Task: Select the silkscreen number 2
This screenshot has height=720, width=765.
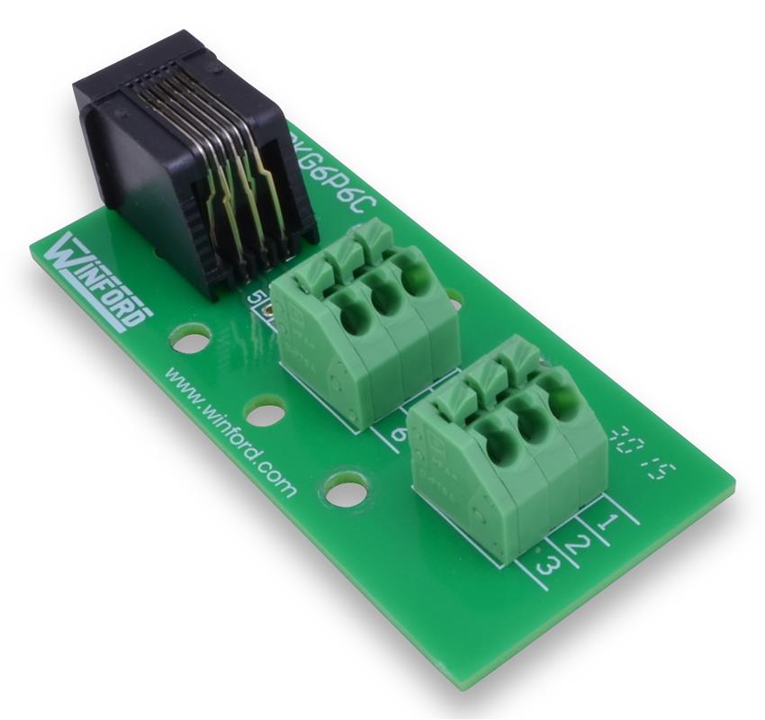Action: pos(580,543)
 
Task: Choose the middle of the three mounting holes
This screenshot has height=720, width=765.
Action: pos(265,413)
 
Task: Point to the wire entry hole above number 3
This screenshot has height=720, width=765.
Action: pos(498,443)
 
